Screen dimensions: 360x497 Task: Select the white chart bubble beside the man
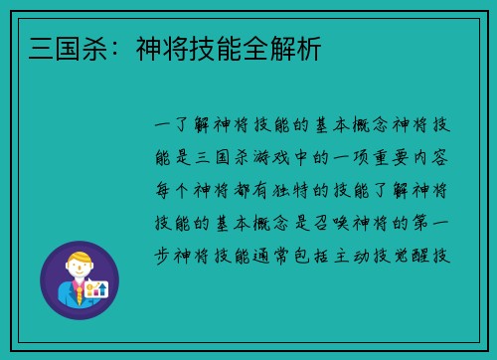coord(96,288)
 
